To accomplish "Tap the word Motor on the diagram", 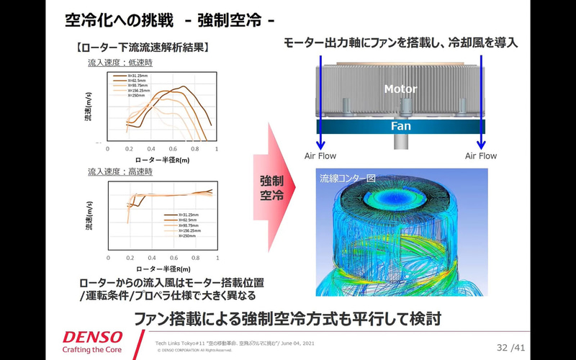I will pyautogui.click(x=401, y=89).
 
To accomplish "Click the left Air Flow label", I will pyautogui.click(x=320, y=156).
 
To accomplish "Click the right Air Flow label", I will pyautogui.click(x=481, y=156).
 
